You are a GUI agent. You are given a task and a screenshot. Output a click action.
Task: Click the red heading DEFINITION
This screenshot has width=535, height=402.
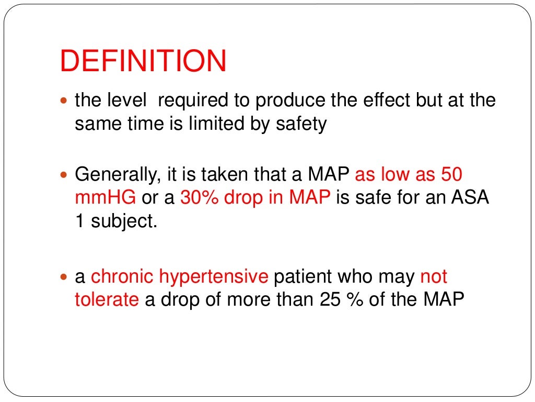tap(143, 62)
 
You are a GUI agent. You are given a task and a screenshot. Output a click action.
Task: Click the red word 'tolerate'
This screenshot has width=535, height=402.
tap(107, 300)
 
